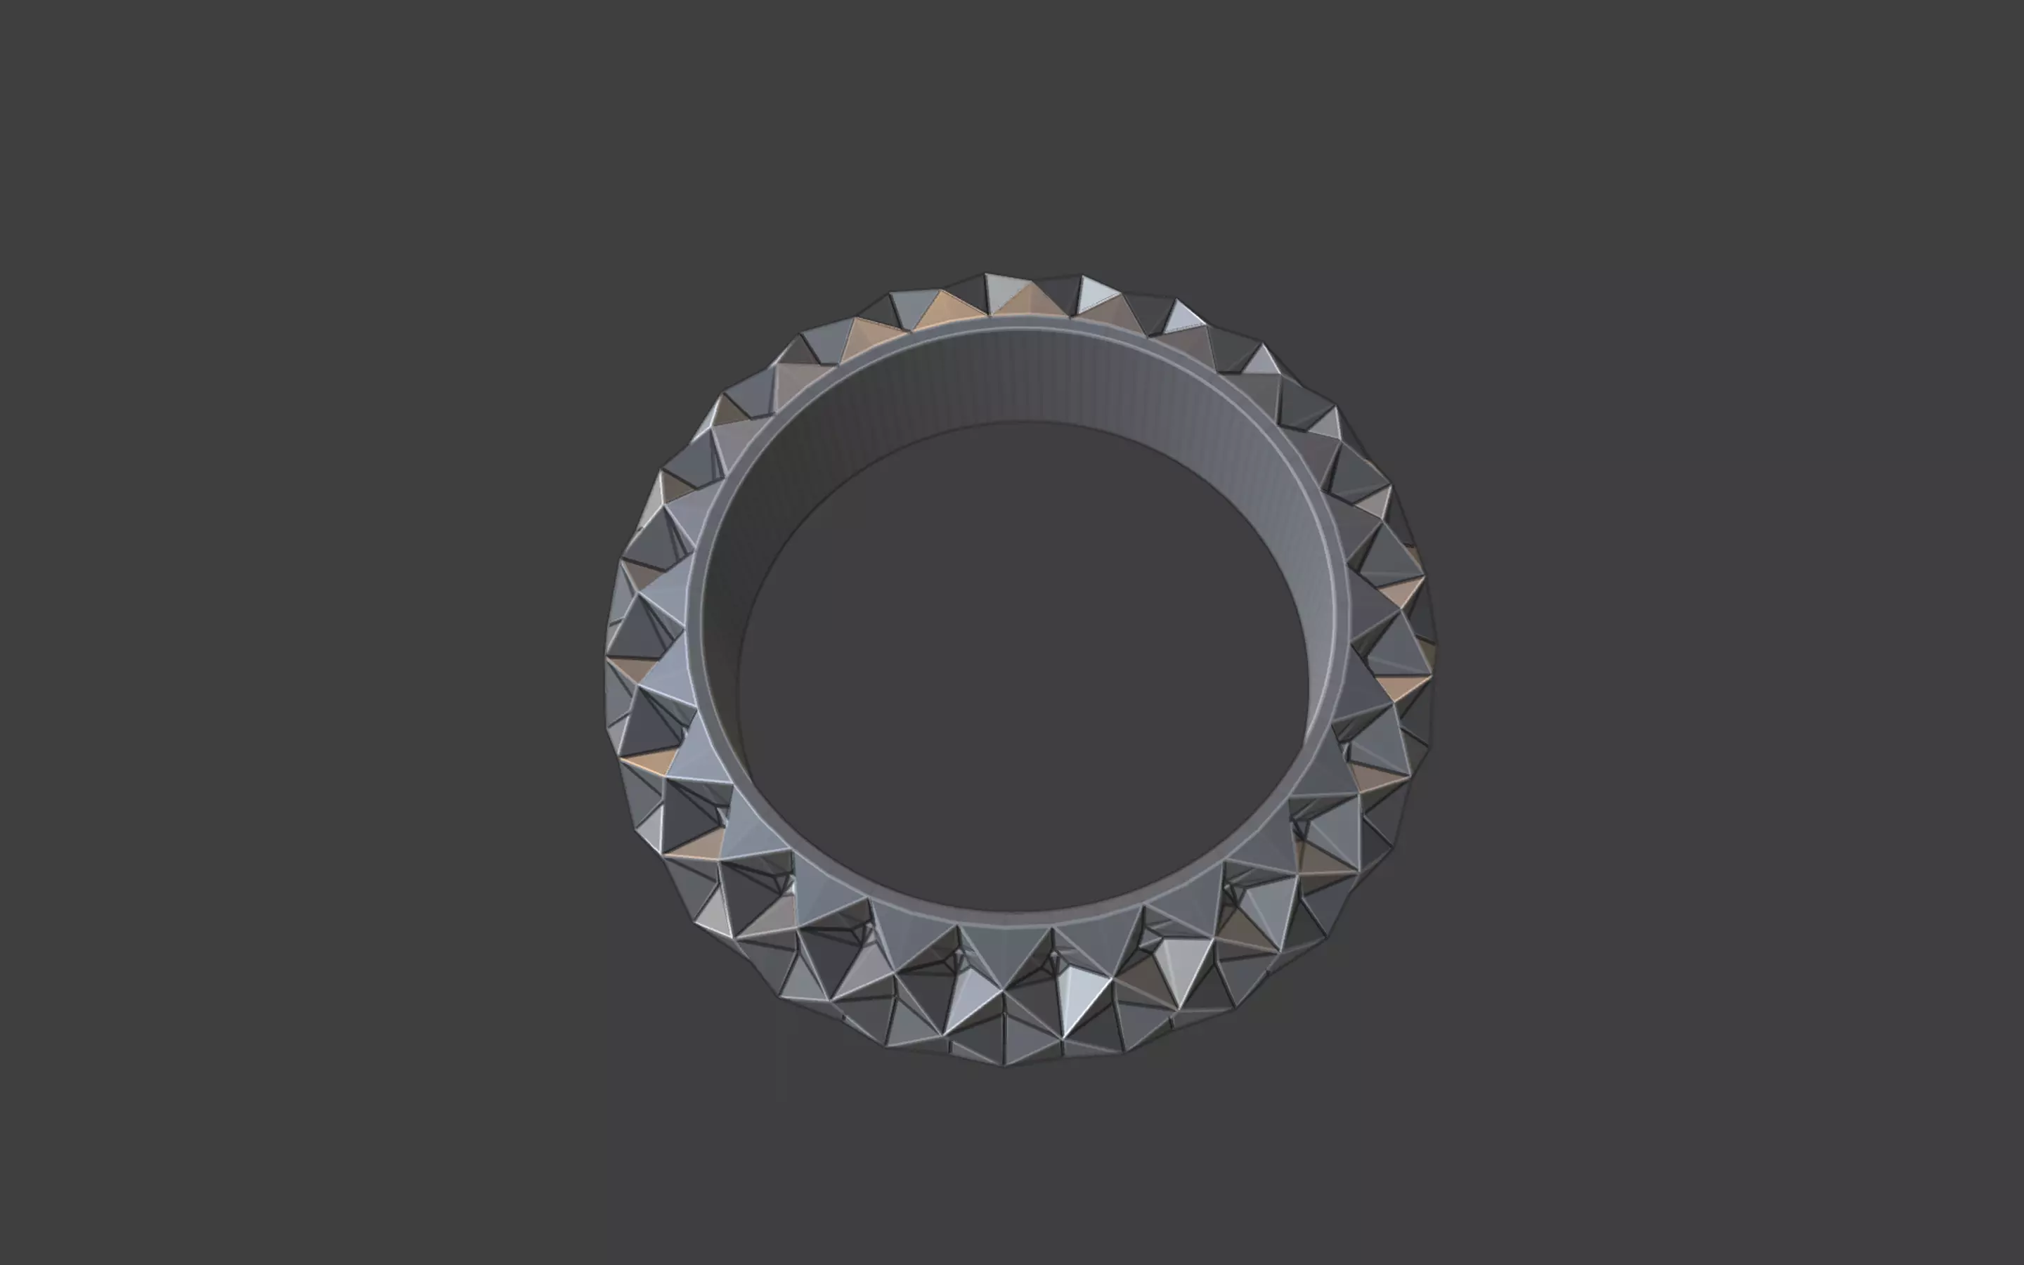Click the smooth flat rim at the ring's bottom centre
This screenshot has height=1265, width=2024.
[1012, 918]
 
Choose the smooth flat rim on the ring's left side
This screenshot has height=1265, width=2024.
[701, 636]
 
